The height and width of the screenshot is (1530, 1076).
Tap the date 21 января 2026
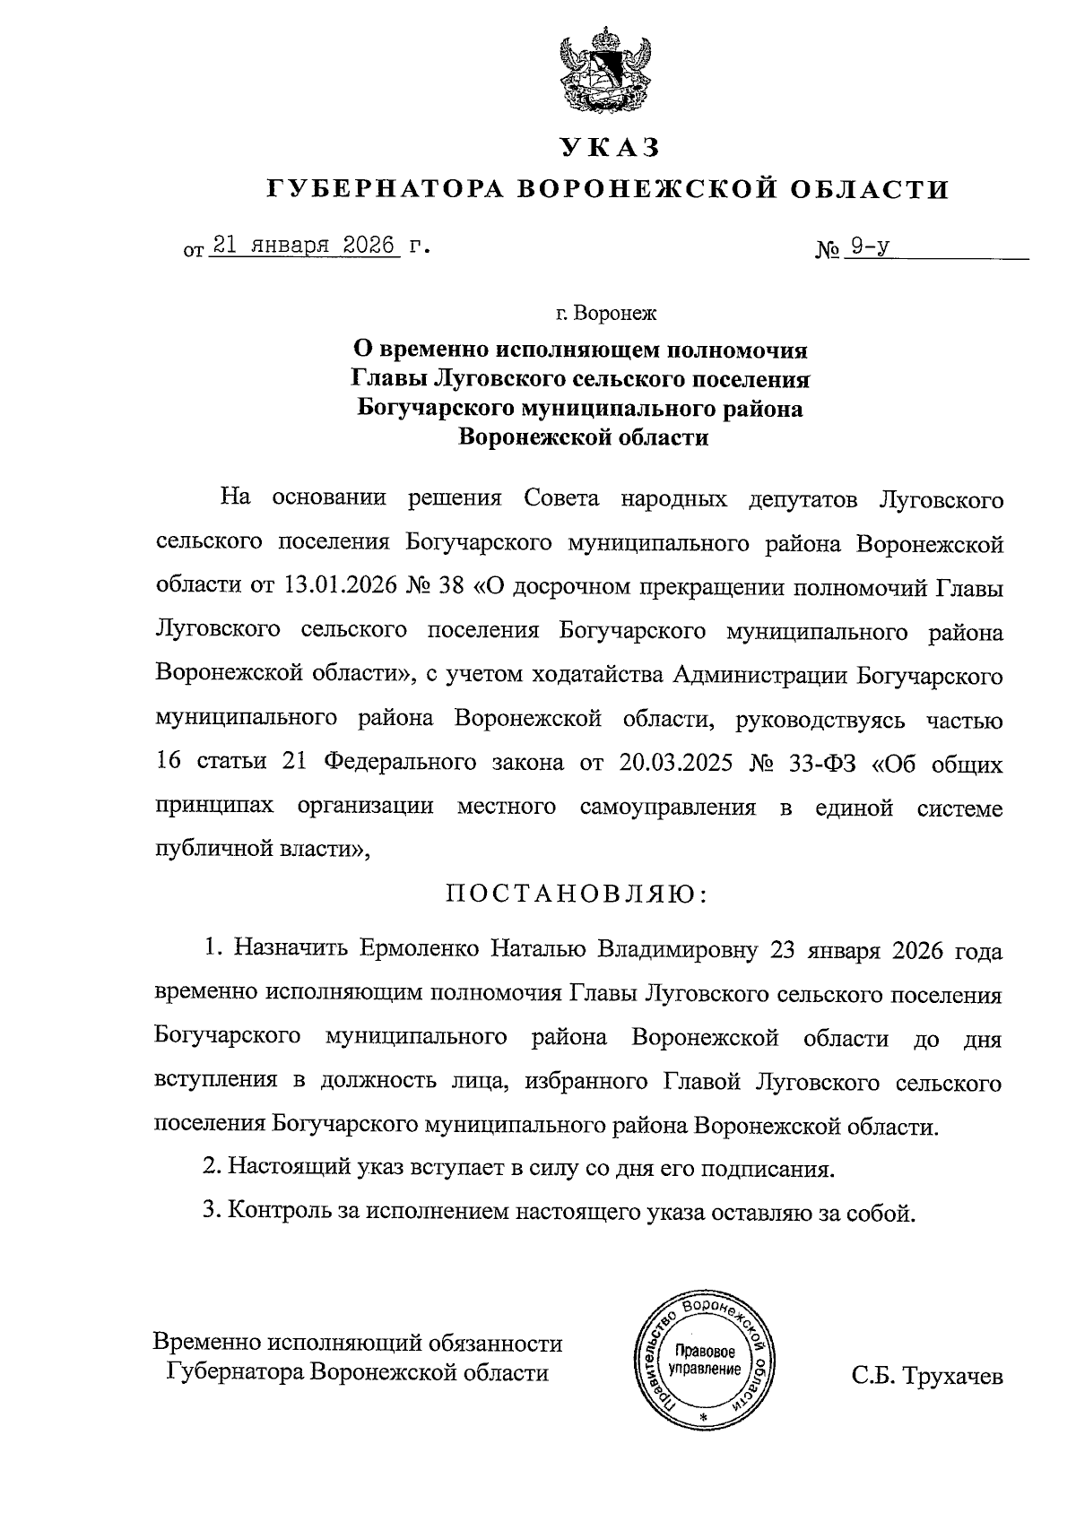click(x=302, y=246)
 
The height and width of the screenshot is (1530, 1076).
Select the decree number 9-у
click(x=869, y=246)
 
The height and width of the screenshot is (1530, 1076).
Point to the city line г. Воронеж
click(x=606, y=315)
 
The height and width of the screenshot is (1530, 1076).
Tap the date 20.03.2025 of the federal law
click(x=675, y=763)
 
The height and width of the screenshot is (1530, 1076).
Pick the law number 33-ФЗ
click(x=821, y=763)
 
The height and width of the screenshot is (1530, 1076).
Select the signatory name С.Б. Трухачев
click(x=927, y=1376)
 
